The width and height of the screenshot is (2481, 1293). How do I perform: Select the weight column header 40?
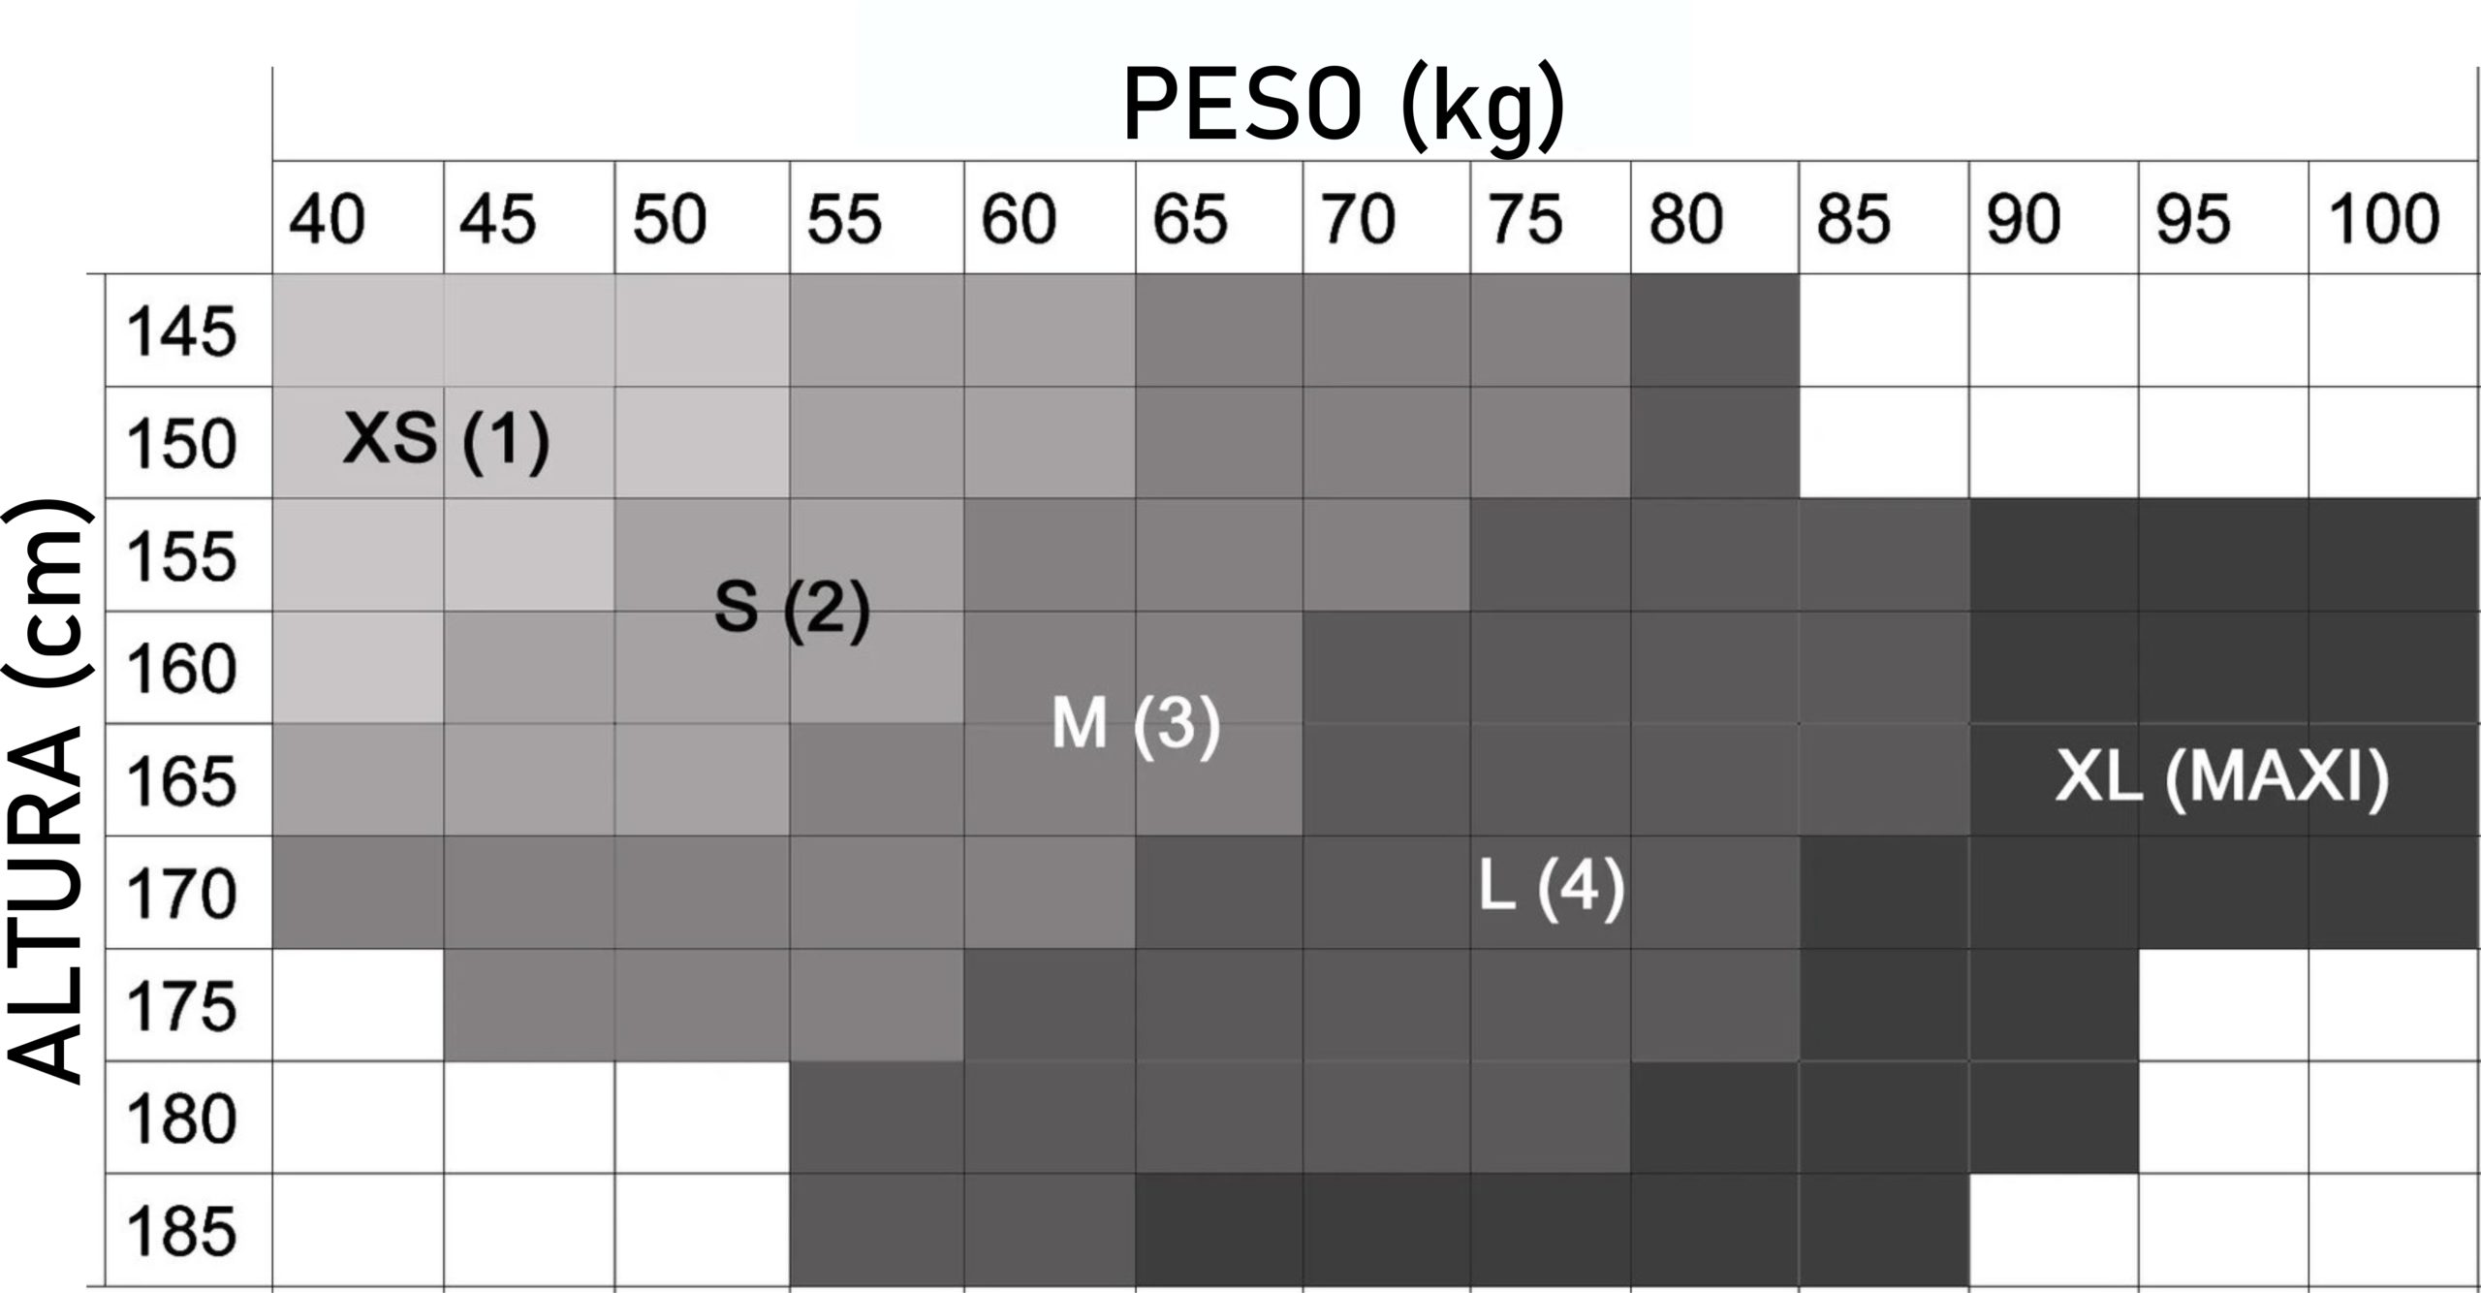click(x=327, y=219)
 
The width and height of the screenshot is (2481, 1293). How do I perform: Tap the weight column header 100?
click(x=2383, y=219)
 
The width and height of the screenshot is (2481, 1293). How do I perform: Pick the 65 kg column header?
click(x=1189, y=219)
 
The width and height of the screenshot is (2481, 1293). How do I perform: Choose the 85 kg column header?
click(x=1853, y=219)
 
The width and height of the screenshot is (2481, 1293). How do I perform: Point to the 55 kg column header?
click(x=844, y=219)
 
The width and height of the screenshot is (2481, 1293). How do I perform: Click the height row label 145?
click(x=182, y=331)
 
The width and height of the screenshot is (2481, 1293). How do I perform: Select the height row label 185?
click(x=182, y=1231)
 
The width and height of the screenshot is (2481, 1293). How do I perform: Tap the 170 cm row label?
click(x=182, y=894)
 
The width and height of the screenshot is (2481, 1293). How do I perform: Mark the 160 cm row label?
click(x=182, y=669)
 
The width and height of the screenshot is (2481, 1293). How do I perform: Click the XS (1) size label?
click(x=447, y=439)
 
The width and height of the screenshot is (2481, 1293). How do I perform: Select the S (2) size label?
click(x=792, y=608)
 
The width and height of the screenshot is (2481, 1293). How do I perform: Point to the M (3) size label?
click(x=1136, y=723)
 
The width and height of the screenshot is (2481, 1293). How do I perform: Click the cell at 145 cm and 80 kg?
click(x=1713, y=331)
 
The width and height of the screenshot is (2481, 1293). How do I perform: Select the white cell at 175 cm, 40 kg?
click(x=358, y=1005)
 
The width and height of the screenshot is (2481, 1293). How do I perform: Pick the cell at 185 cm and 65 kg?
click(x=1218, y=1230)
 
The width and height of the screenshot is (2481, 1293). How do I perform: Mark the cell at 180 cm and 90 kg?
click(x=2053, y=1118)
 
